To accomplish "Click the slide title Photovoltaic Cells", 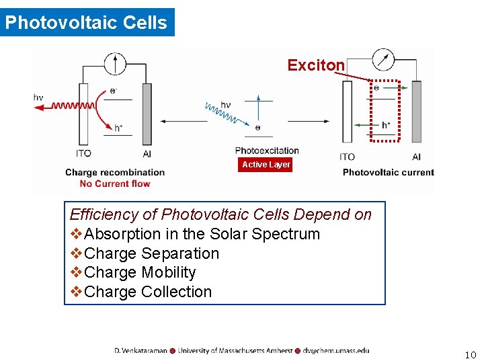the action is [86, 22].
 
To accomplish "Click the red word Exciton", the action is [316, 65].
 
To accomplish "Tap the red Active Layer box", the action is [266, 165].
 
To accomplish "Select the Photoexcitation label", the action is [267, 151].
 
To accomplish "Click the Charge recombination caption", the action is [115, 173].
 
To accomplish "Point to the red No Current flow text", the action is [115, 184].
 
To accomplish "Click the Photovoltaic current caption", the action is [388, 173].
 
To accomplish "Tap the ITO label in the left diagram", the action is [84, 153].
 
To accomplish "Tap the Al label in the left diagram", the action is [147, 154].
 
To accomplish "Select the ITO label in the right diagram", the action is [347, 157].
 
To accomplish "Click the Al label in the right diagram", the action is [416, 157].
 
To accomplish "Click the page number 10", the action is [470, 355].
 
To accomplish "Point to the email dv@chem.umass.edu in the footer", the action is [335, 350].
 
